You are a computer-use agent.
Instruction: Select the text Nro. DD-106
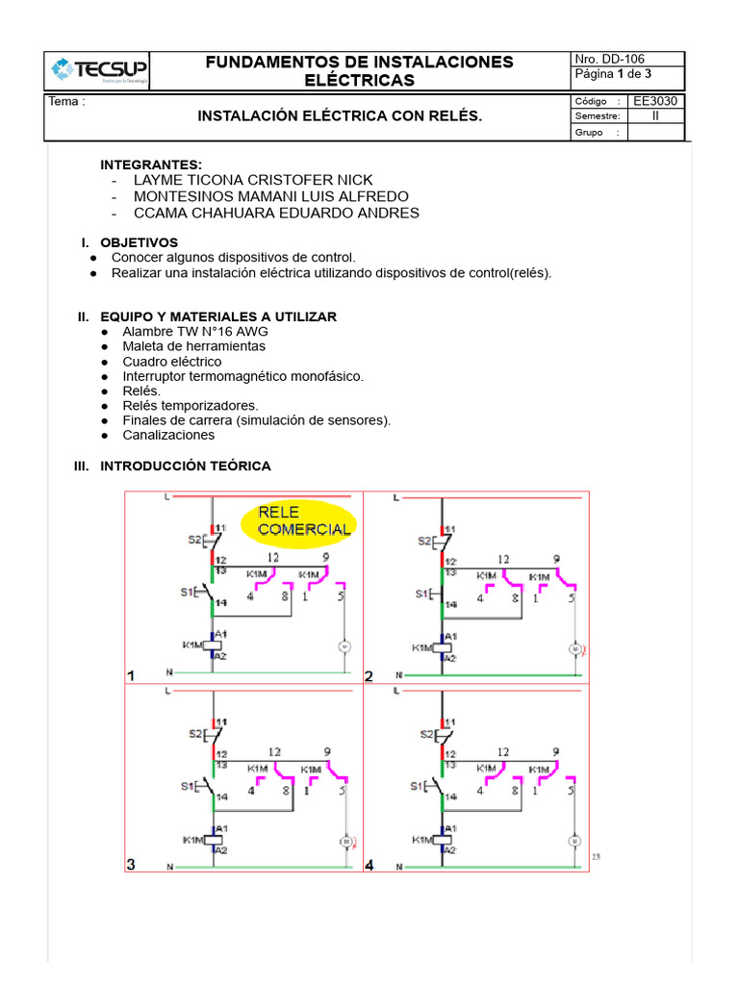pos(610,59)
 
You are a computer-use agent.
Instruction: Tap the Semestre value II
pos(655,116)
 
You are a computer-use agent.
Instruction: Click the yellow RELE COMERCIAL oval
pos(306,521)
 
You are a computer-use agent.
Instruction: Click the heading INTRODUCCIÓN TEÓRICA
pos(186,467)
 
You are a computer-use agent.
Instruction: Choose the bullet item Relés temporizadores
pos(191,406)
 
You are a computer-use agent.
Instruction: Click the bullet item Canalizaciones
pos(168,436)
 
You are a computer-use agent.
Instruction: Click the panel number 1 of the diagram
pos(132,676)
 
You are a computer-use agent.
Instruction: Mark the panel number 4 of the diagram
pos(369,866)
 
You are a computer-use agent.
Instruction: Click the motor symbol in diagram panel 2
pos(575,649)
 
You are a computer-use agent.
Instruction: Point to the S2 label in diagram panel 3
pos(195,734)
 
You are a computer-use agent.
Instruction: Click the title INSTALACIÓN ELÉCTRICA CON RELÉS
pos(340,116)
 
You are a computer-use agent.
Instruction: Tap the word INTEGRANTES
pos(151,164)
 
